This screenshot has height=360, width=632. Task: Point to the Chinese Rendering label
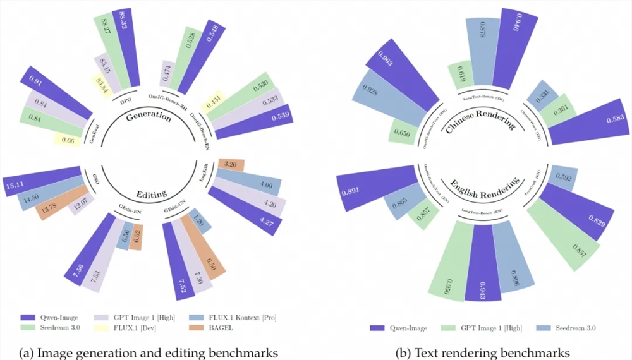(x=481, y=120)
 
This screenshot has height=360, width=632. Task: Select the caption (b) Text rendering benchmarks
(x=483, y=351)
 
